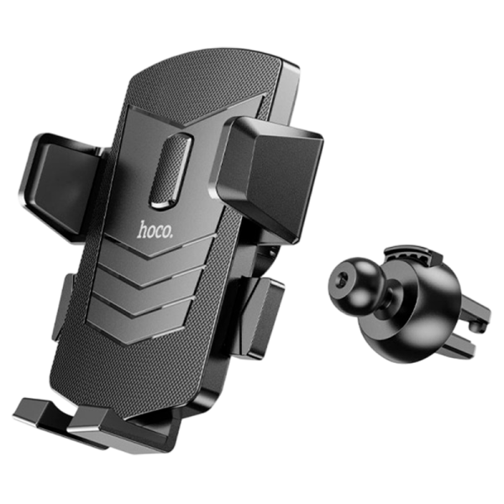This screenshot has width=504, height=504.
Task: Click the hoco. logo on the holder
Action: [155, 230]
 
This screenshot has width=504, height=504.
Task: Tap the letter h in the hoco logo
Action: [142, 228]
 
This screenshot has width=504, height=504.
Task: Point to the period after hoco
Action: [171, 237]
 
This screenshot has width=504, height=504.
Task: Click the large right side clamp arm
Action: [270, 174]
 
